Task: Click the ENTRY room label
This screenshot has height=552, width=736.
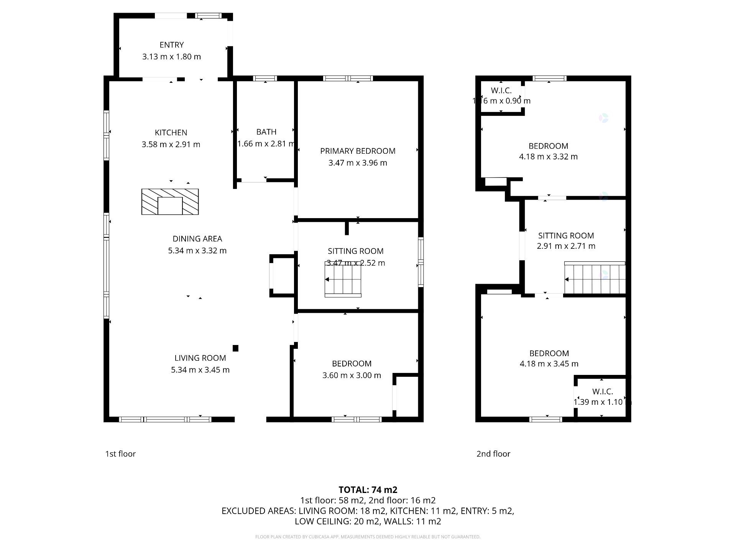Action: [171, 45]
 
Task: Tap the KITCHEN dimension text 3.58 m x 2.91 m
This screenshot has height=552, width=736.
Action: [171, 145]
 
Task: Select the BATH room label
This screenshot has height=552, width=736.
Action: [266, 132]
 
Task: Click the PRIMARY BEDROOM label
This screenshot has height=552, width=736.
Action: [358, 151]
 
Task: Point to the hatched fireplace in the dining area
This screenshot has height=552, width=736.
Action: [170, 202]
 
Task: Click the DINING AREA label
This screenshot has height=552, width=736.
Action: [197, 239]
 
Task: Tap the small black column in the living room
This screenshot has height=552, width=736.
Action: [236, 348]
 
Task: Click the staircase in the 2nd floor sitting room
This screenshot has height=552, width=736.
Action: [595, 278]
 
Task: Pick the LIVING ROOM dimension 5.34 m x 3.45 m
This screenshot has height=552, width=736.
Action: [200, 370]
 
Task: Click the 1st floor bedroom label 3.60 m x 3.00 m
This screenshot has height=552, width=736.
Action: [352, 375]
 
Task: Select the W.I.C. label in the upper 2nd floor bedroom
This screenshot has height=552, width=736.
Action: [501, 91]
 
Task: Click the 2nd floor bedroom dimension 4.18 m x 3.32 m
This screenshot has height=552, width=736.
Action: [548, 157]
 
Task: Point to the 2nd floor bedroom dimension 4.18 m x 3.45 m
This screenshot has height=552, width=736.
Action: [549, 364]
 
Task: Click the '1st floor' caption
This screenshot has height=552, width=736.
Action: [120, 454]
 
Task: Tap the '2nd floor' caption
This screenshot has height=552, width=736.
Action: [493, 454]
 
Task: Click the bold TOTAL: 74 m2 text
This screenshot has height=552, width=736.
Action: [368, 490]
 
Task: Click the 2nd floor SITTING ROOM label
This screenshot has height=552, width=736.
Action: [566, 236]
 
